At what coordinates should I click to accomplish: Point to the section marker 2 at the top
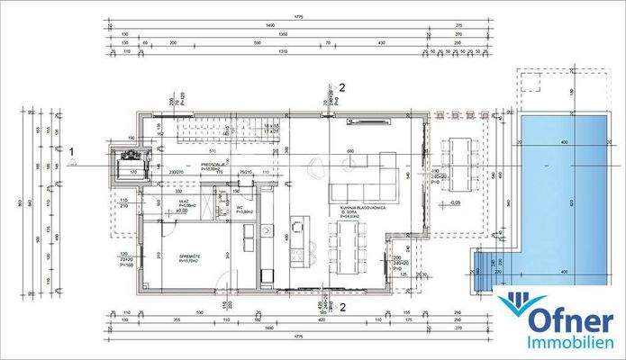pyautogui.click(x=341, y=87)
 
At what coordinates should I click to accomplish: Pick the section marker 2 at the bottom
pyautogui.click(x=341, y=304)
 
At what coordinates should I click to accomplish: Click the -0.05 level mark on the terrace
pyautogui.click(x=455, y=203)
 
